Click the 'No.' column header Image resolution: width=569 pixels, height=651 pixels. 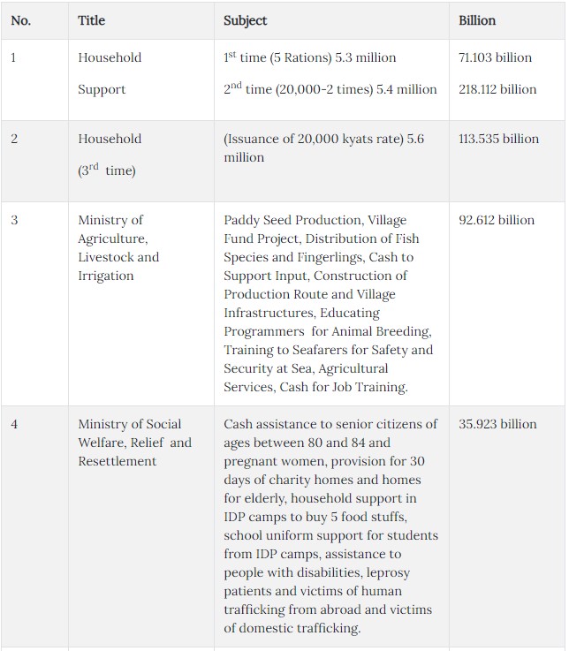(20, 20)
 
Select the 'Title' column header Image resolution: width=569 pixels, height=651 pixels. (91, 20)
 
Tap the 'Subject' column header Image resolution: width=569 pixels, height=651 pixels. (245, 20)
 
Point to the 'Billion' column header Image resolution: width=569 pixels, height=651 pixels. (477, 20)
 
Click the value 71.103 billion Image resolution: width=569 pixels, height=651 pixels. (495, 57)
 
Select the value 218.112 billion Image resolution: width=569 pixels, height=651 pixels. (497, 89)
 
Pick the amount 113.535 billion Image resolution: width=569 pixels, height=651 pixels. (498, 139)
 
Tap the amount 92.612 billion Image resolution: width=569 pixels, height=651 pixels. (497, 220)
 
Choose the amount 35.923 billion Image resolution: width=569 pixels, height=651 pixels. (497, 424)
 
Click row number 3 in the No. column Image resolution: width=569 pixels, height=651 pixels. (14, 220)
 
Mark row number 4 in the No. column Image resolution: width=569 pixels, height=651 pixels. (14, 424)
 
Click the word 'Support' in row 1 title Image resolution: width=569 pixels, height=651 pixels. (102, 89)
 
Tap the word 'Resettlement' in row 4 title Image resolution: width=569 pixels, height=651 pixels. (117, 461)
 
